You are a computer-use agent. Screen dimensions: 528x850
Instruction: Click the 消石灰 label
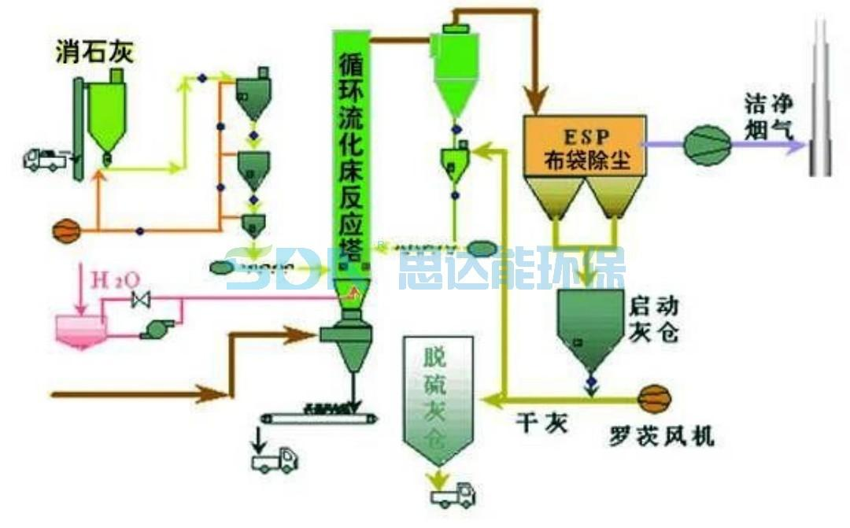tap(95, 52)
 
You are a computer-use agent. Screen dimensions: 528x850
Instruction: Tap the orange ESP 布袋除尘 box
tap(586, 146)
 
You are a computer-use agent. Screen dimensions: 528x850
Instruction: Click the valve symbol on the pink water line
tap(142, 300)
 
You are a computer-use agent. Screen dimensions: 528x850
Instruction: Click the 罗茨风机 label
tap(662, 434)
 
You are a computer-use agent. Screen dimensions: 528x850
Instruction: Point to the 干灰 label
tap(541, 424)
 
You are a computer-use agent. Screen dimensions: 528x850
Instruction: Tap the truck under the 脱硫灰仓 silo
tap(453, 493)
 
